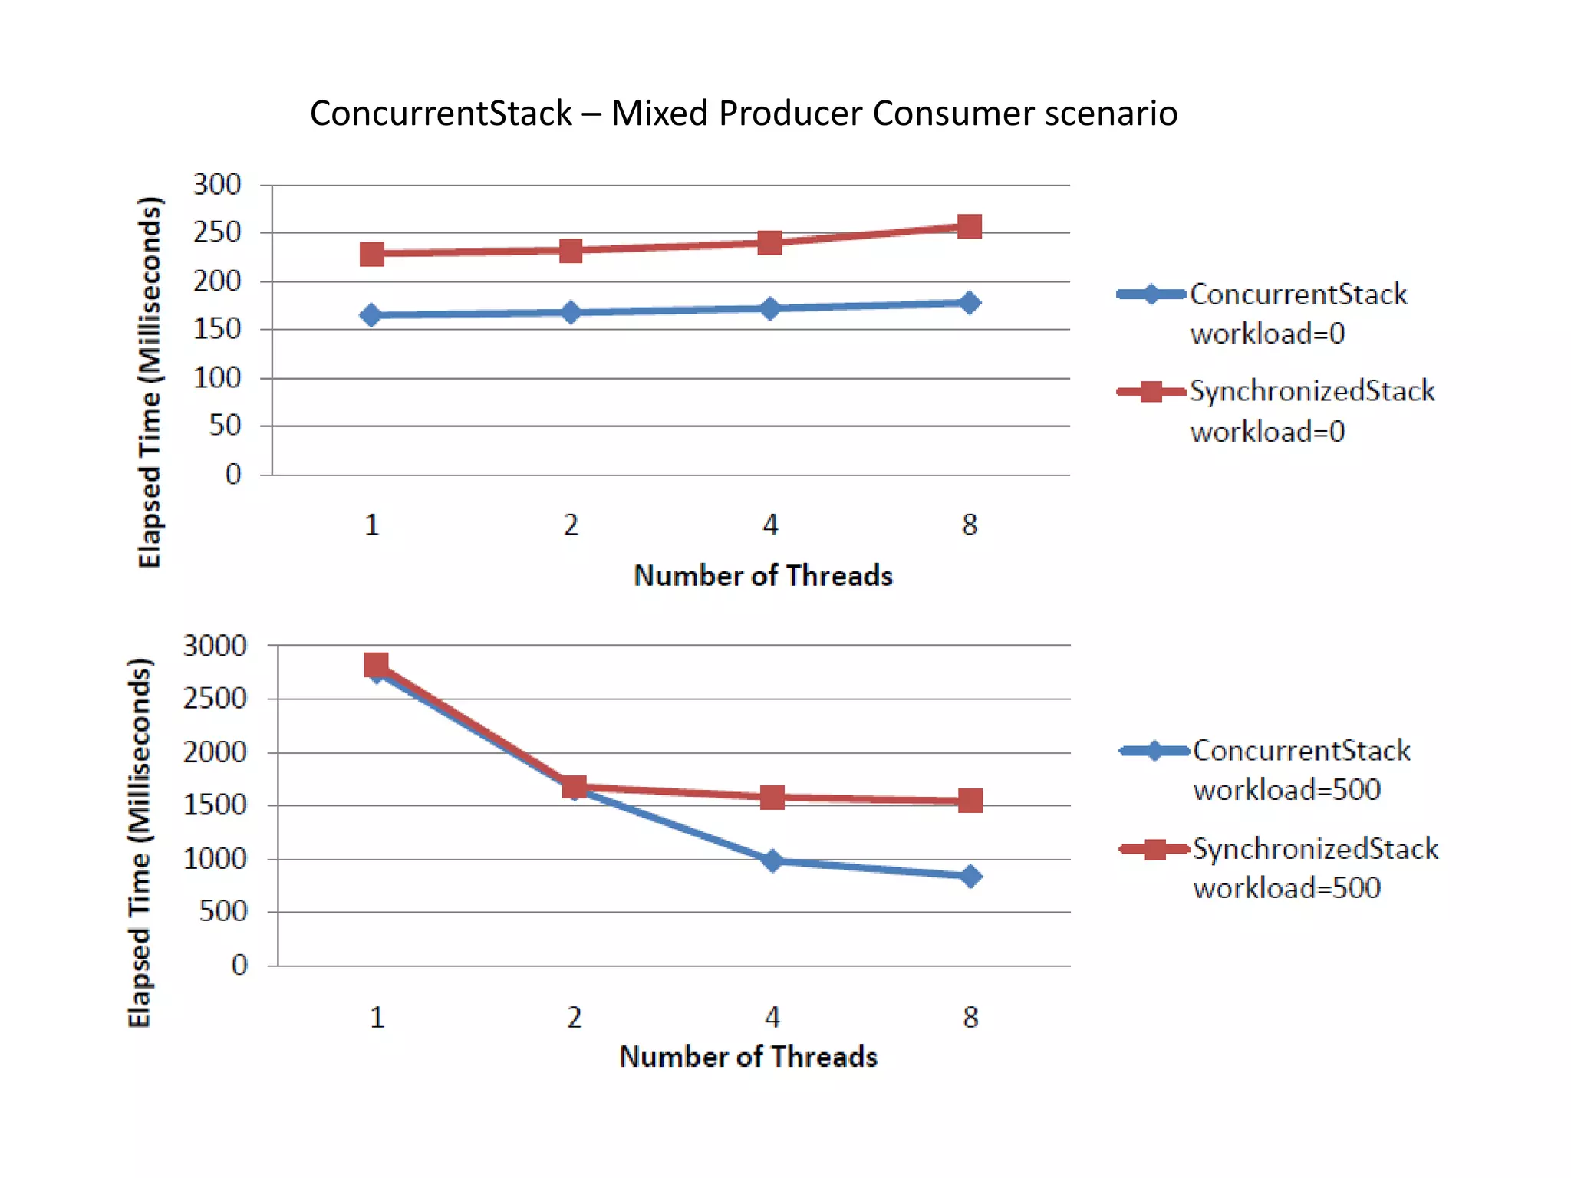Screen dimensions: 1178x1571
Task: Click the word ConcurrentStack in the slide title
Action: click(x=440, y=114)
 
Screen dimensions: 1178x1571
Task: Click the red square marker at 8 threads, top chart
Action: click(x=970, y=227)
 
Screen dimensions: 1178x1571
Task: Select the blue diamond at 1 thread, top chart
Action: click(x=371, y=315)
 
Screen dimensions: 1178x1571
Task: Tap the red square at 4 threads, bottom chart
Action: click(x=772, y=798)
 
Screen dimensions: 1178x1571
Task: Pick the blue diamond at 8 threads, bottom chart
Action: click(x=970, y=876)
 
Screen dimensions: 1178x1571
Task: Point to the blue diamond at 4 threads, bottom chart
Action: click(x=772, y=860)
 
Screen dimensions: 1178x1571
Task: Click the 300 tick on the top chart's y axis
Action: click(x=217, y=185)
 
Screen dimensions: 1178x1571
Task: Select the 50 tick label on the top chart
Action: click(x=225, y=426)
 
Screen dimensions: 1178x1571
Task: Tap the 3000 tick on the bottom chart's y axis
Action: click(x=215, y=646)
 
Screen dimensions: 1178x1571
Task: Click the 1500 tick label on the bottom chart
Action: click(x=215, y=805)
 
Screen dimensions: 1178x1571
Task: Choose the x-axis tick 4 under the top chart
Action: click(x=770, y=525)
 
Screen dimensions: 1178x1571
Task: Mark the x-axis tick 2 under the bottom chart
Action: click(x=575, y=1018)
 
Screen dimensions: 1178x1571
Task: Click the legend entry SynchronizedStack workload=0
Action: click(x=1312, y=411)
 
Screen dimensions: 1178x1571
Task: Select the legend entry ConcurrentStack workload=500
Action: click(x=1301, y=770)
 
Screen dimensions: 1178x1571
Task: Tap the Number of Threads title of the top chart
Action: click(x=763, y=576)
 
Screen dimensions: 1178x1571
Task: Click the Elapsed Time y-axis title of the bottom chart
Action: click(x=140, y=842)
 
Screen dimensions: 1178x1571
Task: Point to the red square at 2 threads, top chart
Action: click(x=571, y=251)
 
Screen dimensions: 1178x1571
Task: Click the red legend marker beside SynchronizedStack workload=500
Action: click(x=1154, y=849)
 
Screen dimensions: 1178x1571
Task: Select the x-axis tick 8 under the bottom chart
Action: click(x=970, y=1018)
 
